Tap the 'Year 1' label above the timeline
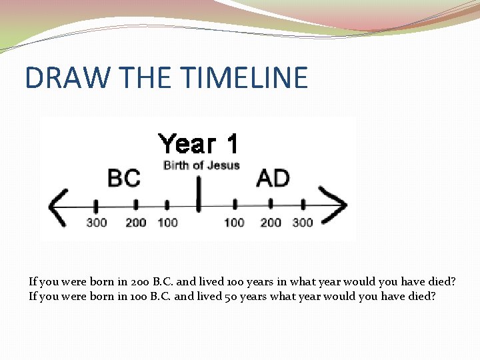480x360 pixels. point(198,143)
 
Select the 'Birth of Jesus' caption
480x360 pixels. point(201,165)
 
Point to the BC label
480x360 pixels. point(124,178)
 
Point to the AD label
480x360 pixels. point(273,178)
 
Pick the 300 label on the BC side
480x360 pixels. point(97,222)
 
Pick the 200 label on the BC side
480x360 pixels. point(135,222)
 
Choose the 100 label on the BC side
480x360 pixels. point(167,222)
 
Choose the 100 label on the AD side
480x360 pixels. point(234,222)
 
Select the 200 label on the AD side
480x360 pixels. point(271,222)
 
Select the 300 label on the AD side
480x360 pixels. point(303,222)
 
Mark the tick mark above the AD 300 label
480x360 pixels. point(303,204)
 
